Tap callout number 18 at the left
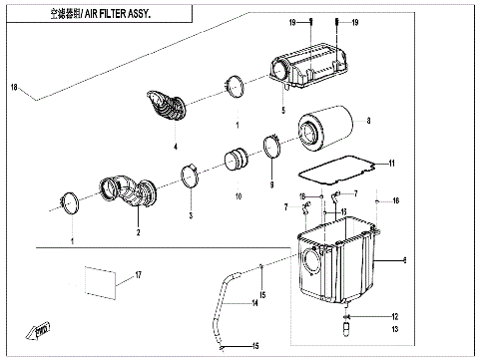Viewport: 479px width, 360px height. tap(14, 89)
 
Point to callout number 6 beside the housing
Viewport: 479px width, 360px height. tap(403, 260)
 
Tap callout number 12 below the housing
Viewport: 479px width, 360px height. tap(394, 314)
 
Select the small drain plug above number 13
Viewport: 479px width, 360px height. tap(349, 322)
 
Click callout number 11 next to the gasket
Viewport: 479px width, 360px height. tap(391, 164)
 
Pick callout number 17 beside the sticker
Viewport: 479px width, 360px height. tap(139, 275)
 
